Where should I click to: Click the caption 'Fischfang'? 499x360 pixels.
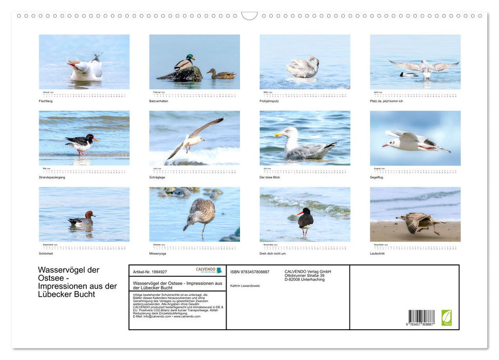pyautogui.click(x=46, y=101)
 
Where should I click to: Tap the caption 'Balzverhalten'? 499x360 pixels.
pyautogui.click(x=160, y=101)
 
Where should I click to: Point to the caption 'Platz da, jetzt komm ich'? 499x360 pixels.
pyautogui.click(x=386, y=101)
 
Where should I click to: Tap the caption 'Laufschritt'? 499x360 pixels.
pyautogui.click(x=377, y=254)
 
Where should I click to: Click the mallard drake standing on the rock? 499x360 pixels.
pyautogui.click(x=184, y=63)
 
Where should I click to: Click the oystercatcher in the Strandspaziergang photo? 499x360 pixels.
pyautogui.click(x=81, y=143)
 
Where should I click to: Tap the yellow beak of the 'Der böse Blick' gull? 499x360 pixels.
pyautogui.click(x=279, y=134)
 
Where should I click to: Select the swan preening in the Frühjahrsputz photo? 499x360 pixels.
pyautogui.click(x=303, y=68)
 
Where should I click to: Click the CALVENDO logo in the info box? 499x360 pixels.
pyautogui.click(x=209, y=270)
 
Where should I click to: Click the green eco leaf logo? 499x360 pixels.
pyautogui.click(x=446, y=317)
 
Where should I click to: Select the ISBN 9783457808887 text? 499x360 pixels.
pyautogui.click(x=250, y=272)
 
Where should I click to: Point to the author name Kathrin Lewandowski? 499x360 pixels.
pyautogui.click(x=245, y=285)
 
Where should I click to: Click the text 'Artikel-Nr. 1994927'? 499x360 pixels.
pyautogui.click(x=150, y=272)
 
